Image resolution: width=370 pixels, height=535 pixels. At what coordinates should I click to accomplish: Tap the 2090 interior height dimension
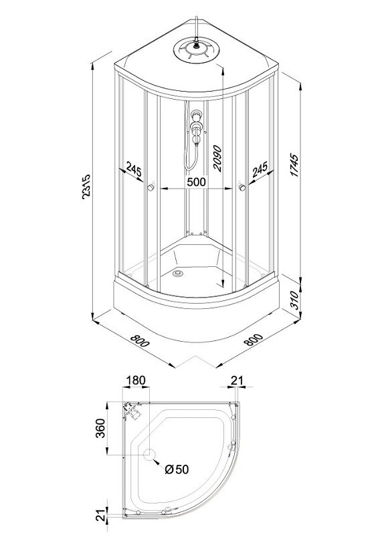[217, 158]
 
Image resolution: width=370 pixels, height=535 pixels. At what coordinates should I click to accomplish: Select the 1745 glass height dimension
[294, 165]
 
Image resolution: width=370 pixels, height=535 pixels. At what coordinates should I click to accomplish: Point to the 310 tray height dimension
[294, 300]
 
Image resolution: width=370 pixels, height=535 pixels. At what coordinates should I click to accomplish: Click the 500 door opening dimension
[197, 182]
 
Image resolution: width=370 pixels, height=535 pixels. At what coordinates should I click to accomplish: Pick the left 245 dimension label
[133, 169]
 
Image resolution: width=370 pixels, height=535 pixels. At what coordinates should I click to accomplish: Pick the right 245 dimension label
[260, 170]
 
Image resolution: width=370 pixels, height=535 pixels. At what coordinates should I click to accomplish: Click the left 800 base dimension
[140, 340]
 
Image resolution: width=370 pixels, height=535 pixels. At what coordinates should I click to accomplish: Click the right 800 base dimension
[254, 340]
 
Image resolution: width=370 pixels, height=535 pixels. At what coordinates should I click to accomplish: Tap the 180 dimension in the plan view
[136, 380]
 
